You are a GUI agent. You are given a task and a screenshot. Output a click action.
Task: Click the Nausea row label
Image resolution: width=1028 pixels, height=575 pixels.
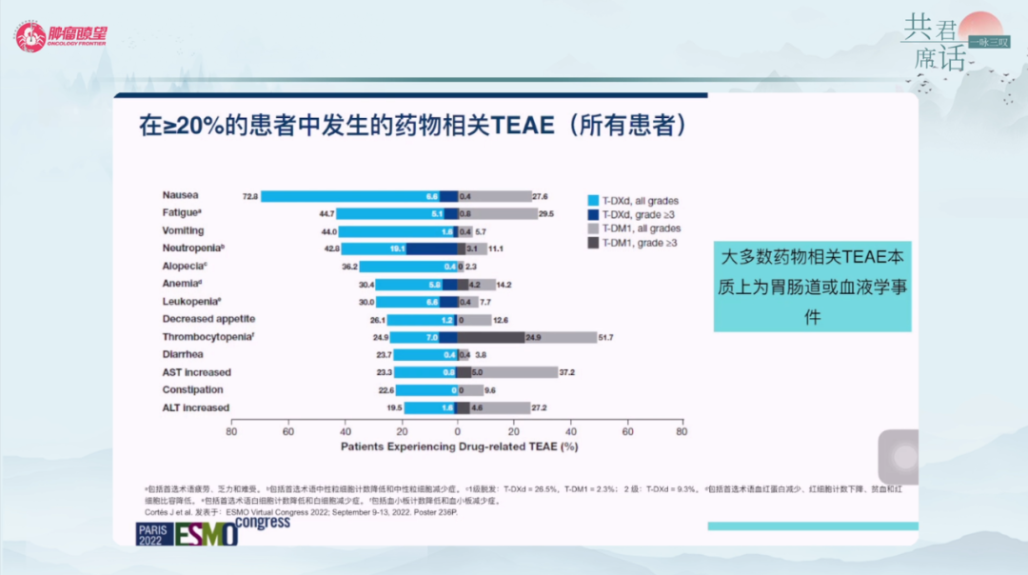pyautogui.click(x=180, y=195)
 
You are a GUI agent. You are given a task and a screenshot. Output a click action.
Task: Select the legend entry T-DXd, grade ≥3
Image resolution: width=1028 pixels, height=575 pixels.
pyautogui.click(x=633, y=215)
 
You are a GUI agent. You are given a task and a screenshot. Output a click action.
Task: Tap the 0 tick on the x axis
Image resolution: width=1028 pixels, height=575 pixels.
pyautogui.click(x=457, y=431)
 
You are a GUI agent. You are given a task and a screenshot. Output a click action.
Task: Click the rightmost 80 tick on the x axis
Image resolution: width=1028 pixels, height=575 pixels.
pyautogui.click(x=682, y=431)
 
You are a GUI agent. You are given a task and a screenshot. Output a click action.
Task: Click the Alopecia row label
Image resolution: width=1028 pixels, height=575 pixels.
pyautogui.click(x=185, y=266)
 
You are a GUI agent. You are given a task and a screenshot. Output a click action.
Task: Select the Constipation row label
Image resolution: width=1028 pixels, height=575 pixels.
pyautogui.click(x=192, y=389)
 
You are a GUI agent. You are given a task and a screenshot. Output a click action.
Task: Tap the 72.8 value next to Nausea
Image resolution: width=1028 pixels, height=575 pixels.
pyautogui.click(x=250, y=196)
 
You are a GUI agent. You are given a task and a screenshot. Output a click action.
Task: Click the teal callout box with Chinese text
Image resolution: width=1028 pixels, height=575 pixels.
pyautogui.click(x=812, y=287)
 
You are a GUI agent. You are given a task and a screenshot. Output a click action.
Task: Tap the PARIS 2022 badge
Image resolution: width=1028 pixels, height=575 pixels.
pyautogui.click(x=150, y=533)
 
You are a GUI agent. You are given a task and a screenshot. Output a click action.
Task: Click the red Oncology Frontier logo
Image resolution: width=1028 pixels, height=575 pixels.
pyautogui.click(x=61, y=36)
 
